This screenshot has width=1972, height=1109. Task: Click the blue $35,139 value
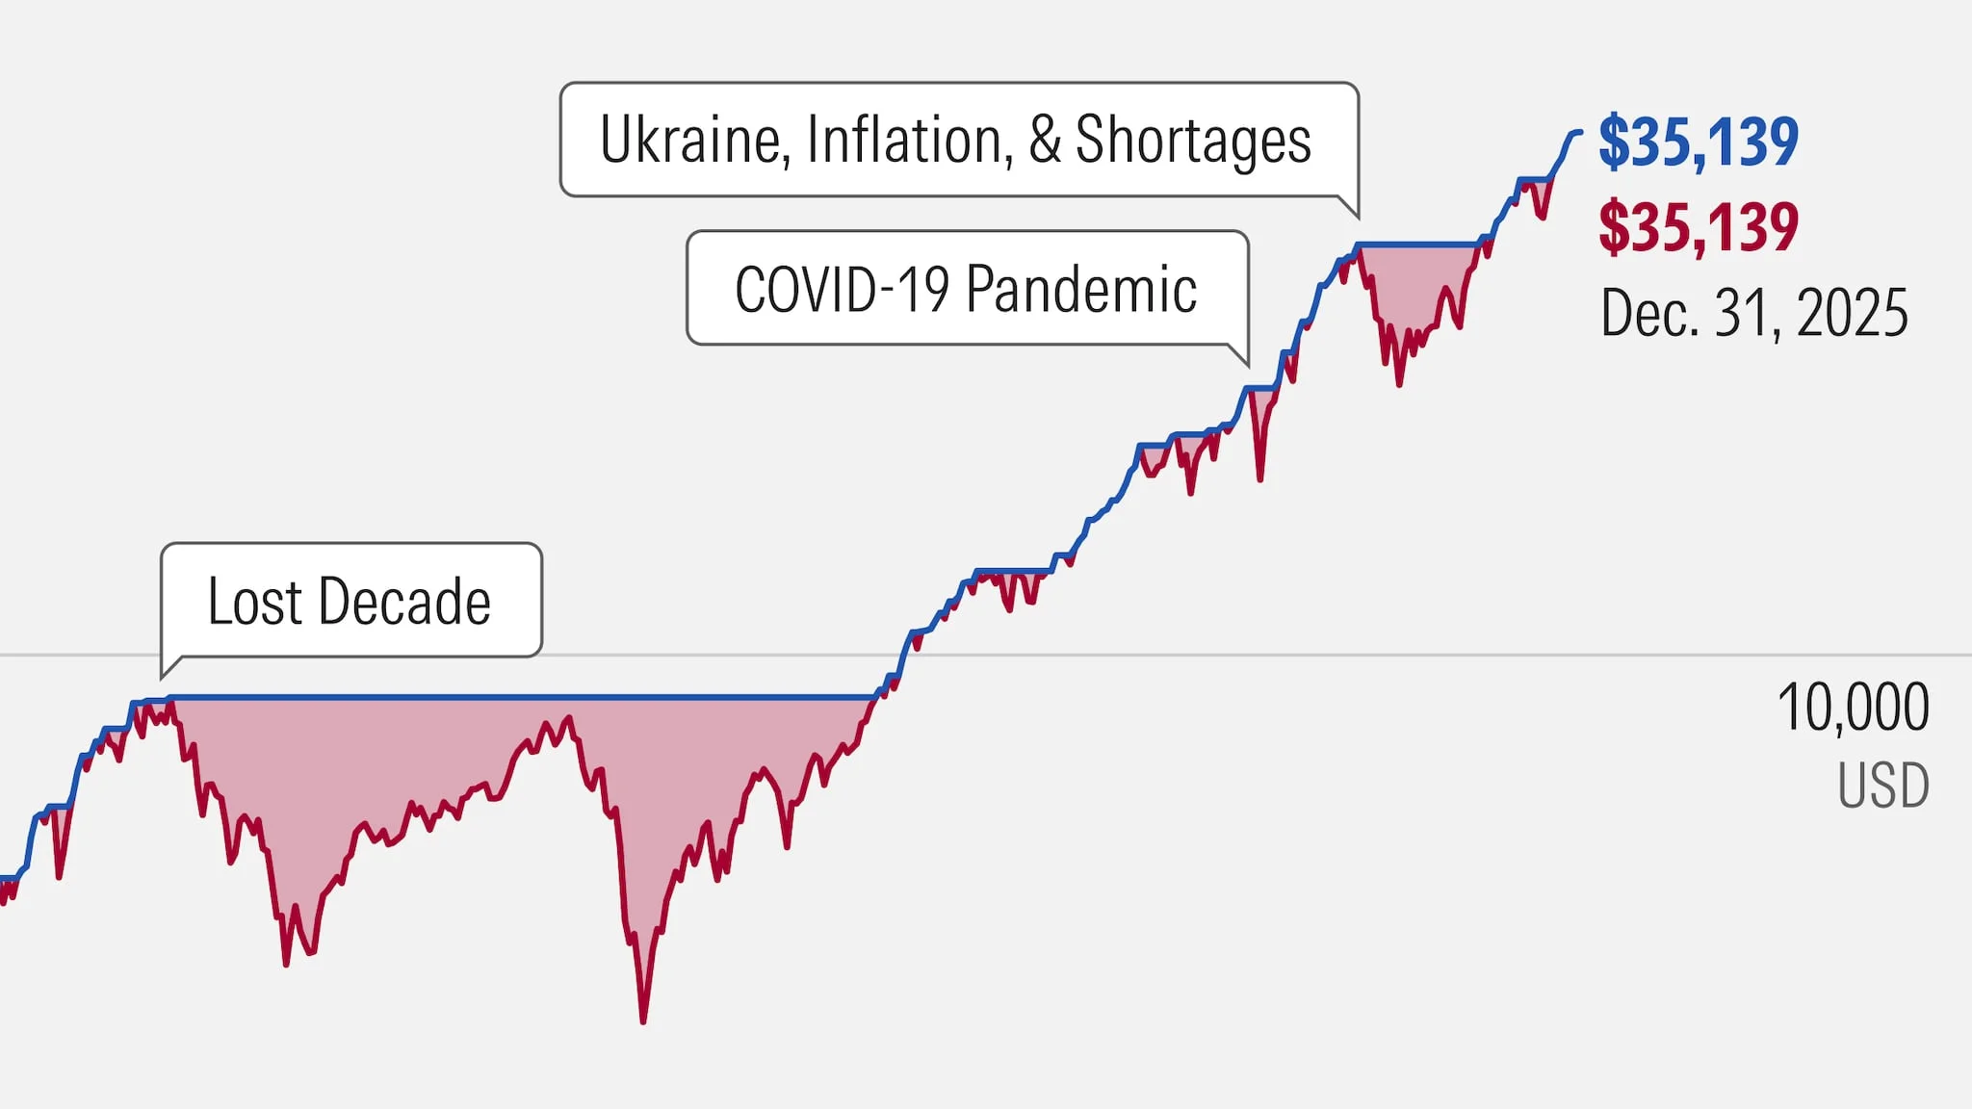pos(1699,142)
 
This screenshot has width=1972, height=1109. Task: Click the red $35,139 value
pos(1699,228)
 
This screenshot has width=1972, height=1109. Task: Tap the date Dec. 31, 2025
pos(1753,314)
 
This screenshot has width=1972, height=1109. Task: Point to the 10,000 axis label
pos(1853,708)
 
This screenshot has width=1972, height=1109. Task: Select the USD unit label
pos(1882,786)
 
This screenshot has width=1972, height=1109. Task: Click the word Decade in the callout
pos(404,602)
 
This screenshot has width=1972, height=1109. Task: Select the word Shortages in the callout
pos(1192,141)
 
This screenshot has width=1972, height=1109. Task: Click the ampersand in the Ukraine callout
pos(1044,141)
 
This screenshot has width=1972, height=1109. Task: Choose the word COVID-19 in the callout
pos(843,289)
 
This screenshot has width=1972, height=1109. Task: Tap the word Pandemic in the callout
pos(1081,289)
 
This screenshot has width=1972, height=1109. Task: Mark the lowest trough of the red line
pos(642,1020)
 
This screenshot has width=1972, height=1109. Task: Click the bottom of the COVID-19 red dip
pos(1259,478)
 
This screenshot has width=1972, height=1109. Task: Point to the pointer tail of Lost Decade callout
pos(167,671)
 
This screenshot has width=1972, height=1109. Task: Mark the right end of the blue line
pos(1579,132)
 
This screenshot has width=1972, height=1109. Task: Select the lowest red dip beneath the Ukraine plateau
pos(1399,384)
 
